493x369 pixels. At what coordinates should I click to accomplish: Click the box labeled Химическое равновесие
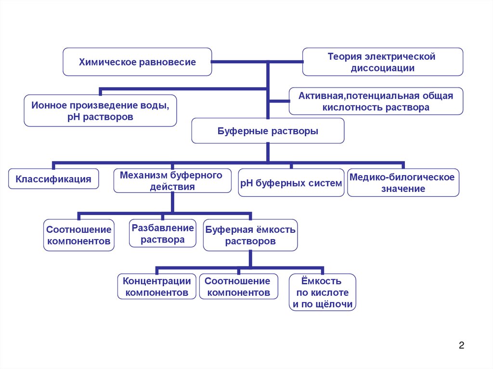(x=137, y=62)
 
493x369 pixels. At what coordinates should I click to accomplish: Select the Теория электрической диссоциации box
(x=382, y=62)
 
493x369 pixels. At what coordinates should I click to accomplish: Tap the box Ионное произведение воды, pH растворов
(x=100, y=110)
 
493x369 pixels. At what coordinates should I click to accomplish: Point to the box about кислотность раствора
(x=376, y=101)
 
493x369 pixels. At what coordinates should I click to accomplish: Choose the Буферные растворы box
(x=268, y=131)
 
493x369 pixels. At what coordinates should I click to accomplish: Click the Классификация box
(x=53, y=179)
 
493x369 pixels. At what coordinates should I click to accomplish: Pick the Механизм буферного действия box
(x=171, y=181)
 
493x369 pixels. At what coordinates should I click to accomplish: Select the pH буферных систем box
(x=291, y=183)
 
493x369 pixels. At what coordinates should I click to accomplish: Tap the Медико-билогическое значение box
(x=403, y=183)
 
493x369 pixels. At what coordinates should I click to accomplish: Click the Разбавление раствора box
(x=163, y=234)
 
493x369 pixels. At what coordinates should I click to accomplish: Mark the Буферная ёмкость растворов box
(x=250, y=235)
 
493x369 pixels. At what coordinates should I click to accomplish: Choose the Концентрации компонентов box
(x=156, y=286)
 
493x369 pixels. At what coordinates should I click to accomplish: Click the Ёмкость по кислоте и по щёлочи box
(x=323, y=292)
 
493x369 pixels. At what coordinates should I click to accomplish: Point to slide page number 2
(x=461, y=345)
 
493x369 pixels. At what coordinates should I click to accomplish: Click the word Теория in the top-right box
(x=343, y=57)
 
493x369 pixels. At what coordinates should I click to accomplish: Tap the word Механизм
(x=141, y=175)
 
